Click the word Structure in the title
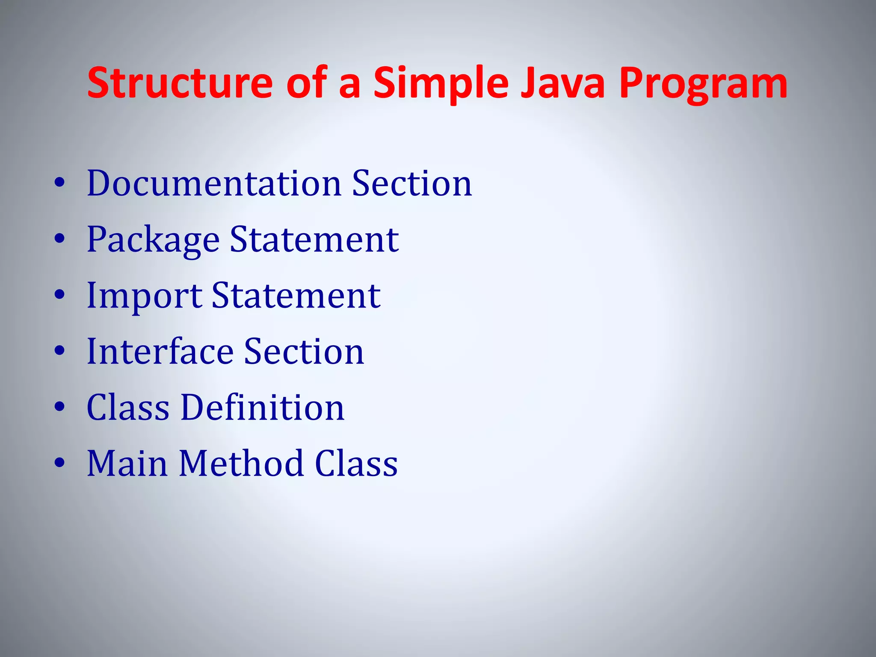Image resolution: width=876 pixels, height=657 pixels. [x=180, y=83]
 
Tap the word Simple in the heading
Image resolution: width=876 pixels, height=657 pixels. [x=441, y=83]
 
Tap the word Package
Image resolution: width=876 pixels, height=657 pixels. [x=153, y=240]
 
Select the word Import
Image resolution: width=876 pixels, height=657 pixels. [x=144, y=296]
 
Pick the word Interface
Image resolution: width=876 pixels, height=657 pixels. [x=160, y=352]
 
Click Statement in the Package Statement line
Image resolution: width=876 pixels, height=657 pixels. [x=314, y=240]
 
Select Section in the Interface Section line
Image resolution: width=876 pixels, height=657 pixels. [x=304, y=352]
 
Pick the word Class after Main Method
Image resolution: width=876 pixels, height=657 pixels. [x=356, y=464]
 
